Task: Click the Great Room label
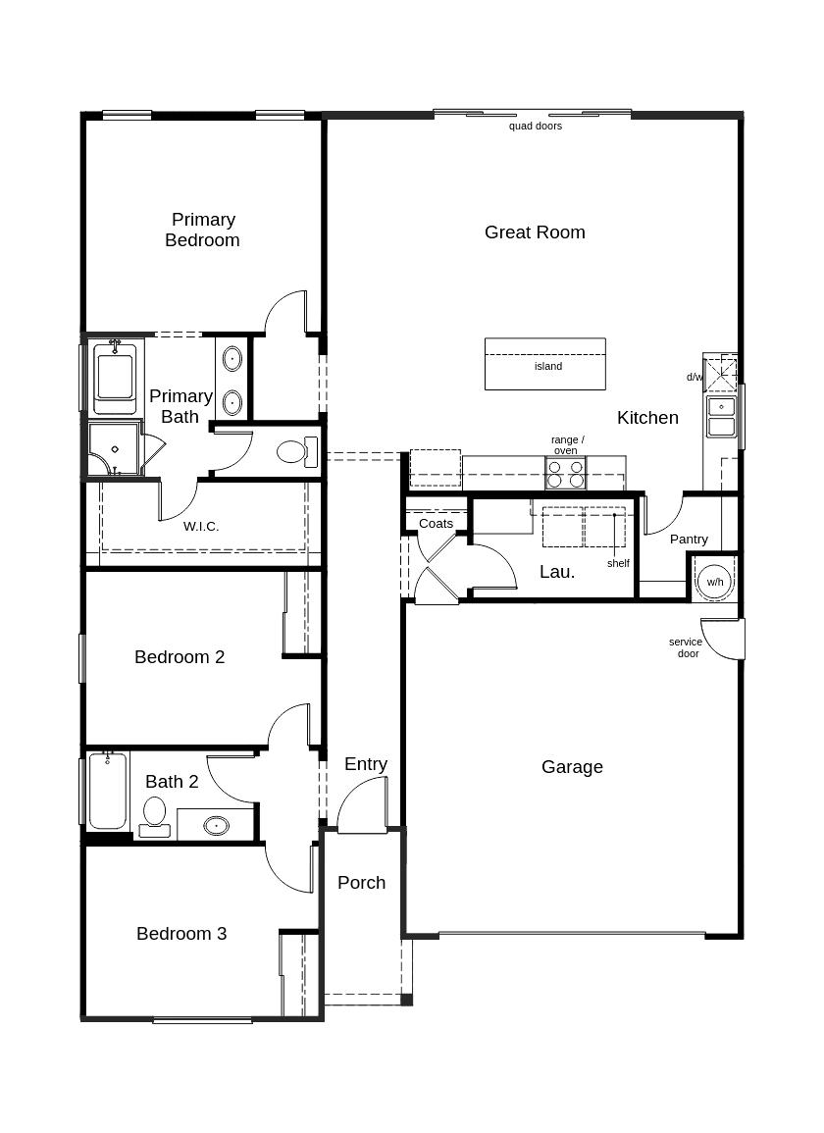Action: [x=535, y=232]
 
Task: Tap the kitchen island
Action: [x=545, y=364]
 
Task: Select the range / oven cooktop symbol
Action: [x=565, y=474]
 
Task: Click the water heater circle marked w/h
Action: [x=715, y=581]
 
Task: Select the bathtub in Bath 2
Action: [x=108, y=791]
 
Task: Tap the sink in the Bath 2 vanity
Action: [x=216, y=825]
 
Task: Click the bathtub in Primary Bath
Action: [x=115, y=378]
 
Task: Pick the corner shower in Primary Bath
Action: [x=114, y=449]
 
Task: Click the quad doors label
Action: [x=536, y=127]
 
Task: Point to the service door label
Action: [x=686, y=647]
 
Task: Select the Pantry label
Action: [x=689, y=540]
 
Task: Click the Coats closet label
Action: [x=436, y=524]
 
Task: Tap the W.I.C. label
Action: [x=201, y=527]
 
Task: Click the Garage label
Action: [x=572, y=767]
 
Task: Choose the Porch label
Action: [x=361, y=883]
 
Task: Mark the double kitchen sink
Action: [x=721, y=416]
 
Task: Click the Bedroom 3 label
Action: [x=181, y=934]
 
